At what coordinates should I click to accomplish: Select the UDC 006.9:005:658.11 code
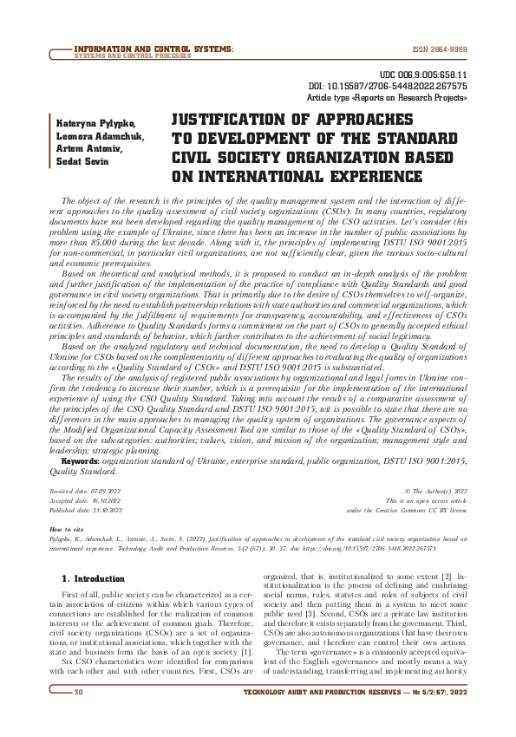426,76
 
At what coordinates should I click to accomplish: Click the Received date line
86,491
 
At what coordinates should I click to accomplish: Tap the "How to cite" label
67,528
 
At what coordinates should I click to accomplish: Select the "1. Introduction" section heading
96,577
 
